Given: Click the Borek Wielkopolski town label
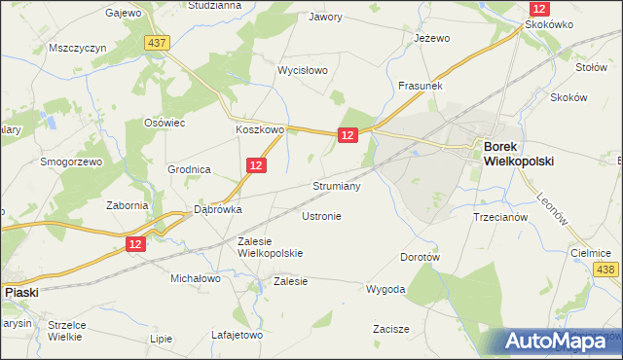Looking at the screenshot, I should tap(518, 154).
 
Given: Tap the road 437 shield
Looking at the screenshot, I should tap(156, 43).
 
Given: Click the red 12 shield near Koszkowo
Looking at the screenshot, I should tap(348, 136).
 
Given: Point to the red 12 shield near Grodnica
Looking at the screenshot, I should tap(255, 166).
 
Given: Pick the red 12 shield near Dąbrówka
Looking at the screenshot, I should tap(135, 244).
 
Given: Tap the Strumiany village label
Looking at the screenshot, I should tap(337, 185).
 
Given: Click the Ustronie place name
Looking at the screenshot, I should tap(321, 216).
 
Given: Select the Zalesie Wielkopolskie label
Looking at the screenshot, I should tap(271, 246).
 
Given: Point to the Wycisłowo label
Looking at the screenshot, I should tap(303, 71).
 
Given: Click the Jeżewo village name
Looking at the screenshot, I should tap(431, 38).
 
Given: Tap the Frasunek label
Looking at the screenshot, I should tap(421, 86).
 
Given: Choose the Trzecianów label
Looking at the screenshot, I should tap(499, 217).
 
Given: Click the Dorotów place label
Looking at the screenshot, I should tap(421, 258).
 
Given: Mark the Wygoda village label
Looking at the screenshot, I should tap(385, 289).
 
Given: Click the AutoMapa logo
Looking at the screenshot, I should tap(563, 341).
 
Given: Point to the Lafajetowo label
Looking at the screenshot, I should tap(238, 335).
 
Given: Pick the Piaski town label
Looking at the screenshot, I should tap(21, 291).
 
